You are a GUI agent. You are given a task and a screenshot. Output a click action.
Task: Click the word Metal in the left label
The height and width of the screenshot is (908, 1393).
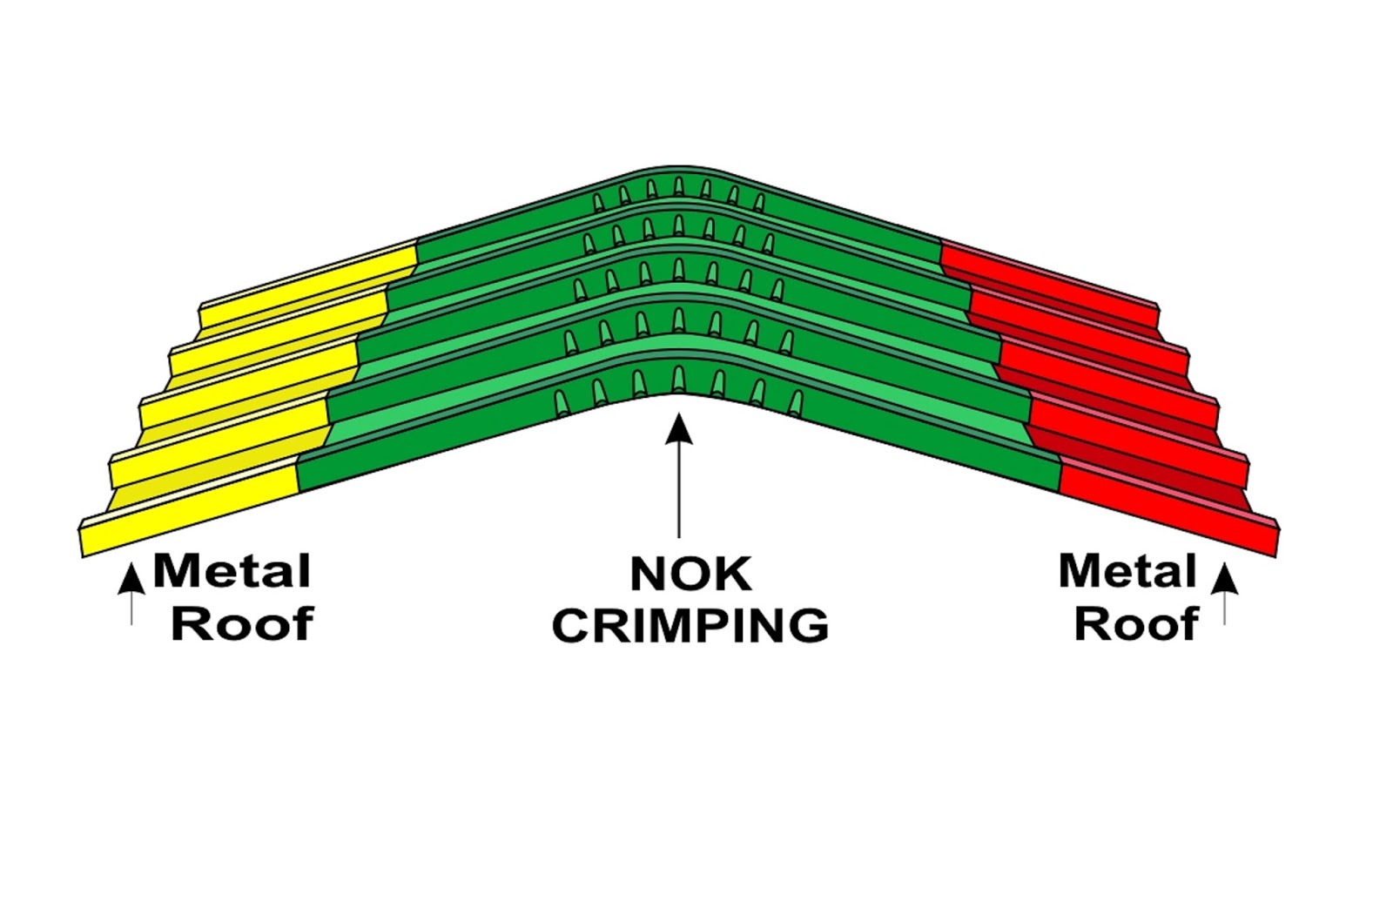(232, 572)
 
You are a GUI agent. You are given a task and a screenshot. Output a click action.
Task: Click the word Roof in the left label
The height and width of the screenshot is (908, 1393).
(241, 624)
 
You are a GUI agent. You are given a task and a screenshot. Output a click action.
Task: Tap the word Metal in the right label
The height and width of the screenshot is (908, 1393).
(1127, 572)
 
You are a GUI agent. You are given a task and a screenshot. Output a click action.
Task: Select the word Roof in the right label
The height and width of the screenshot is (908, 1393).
(1136, 624)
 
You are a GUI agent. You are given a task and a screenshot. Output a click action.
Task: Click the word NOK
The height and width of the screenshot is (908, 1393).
(690, 575)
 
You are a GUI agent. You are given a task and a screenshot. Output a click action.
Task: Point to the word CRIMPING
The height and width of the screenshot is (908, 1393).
(690, 626)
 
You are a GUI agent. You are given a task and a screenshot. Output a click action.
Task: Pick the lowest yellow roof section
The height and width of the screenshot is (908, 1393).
(192, 514)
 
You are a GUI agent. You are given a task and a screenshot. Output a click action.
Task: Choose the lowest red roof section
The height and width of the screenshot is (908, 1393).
(1167, 514)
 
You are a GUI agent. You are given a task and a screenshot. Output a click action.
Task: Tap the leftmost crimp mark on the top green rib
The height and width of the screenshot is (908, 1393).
(598, 203)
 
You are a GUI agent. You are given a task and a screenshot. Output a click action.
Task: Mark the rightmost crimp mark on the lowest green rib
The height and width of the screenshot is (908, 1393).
(796, 402)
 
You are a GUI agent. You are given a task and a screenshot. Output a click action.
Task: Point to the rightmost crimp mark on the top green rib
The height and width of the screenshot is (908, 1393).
(759, 203)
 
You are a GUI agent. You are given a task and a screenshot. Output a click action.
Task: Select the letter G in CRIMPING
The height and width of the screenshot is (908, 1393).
(806, 626)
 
